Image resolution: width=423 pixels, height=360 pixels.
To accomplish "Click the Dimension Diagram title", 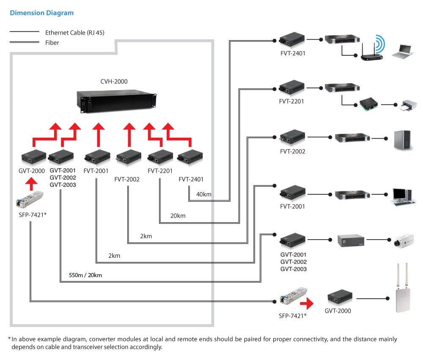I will (41, 13).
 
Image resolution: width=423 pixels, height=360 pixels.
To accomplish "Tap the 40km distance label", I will (203, 194).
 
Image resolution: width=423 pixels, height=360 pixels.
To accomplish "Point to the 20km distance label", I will (178, 216).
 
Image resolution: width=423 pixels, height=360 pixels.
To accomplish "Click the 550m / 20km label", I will (85, 275).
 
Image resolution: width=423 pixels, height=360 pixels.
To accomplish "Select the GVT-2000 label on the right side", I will (338, 311).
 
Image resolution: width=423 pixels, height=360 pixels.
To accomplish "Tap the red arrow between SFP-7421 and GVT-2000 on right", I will (308, 303).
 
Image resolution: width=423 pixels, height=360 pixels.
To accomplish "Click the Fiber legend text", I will (52, 43).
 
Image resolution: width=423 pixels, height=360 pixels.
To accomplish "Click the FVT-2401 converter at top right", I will (292, 40).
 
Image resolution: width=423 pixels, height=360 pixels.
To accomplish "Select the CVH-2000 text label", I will (114, 82).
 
